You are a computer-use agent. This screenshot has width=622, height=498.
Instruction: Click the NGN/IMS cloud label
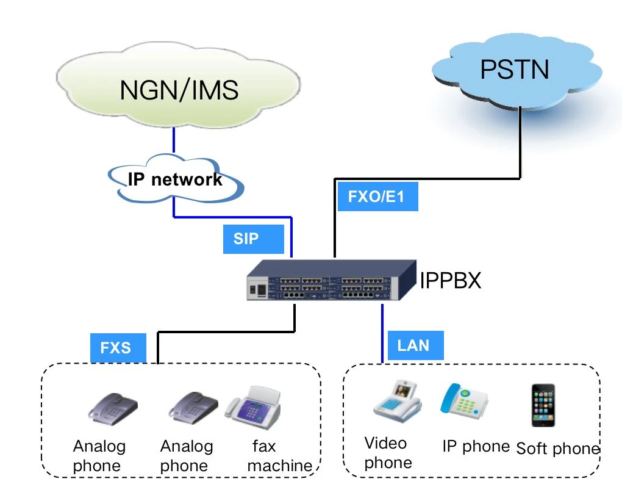[179, 90]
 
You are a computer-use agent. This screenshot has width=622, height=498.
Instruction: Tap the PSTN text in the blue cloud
[515, 70]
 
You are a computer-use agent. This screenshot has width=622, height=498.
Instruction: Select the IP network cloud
[176, 178]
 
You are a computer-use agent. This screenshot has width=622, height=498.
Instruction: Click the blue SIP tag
[254, 239]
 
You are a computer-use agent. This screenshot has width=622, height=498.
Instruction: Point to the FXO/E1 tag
[377, 196]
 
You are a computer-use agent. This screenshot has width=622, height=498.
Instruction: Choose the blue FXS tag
[118, 348]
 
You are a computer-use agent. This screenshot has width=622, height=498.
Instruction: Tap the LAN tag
[415, 345]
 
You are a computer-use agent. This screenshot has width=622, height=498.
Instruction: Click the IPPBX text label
[450, 280]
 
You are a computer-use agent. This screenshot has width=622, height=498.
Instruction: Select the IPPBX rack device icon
[331, 280]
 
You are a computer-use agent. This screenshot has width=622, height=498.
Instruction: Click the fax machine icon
[254, 407]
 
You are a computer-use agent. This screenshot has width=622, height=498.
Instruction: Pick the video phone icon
[398, 400]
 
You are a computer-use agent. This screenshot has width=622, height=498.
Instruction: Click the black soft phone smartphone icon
[543, 405]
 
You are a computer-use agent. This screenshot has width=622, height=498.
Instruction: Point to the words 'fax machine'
[280, 456]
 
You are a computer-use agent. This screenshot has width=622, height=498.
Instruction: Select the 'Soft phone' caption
[558, 449]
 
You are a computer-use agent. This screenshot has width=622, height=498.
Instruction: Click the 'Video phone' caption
[388, 453]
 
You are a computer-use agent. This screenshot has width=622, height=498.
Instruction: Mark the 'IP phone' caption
[476, 446]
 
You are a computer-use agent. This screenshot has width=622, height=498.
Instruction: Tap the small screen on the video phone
[402, 391]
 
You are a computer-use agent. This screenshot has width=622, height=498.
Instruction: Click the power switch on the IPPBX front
[262, 289]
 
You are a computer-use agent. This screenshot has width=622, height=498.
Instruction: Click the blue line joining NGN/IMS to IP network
[174, 140]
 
